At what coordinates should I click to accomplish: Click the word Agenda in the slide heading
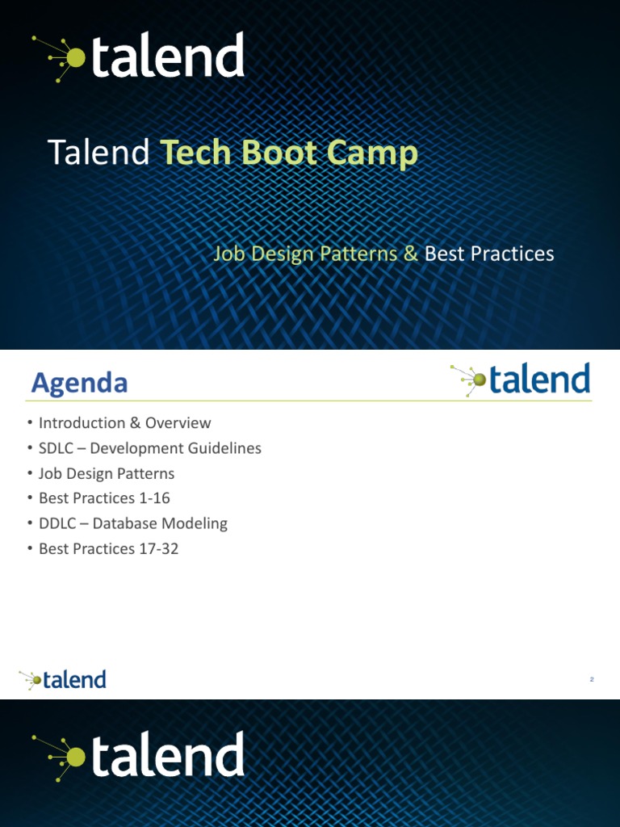79,383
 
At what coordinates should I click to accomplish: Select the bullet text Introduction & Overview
124,423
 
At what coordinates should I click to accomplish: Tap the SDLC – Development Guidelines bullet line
149,448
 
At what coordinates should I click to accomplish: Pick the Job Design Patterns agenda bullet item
106,473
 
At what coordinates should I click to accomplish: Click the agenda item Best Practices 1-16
104,498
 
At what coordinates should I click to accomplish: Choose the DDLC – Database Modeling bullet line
132,523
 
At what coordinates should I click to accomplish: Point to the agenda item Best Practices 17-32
108,548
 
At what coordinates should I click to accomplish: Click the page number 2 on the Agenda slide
592,680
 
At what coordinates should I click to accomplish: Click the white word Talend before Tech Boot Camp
99,153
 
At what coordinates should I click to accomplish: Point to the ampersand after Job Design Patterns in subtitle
410,254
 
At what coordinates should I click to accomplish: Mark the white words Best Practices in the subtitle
489,254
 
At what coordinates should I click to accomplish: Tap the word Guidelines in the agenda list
221,448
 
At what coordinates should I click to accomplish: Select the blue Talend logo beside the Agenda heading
521,380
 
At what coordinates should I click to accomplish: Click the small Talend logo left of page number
63,679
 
